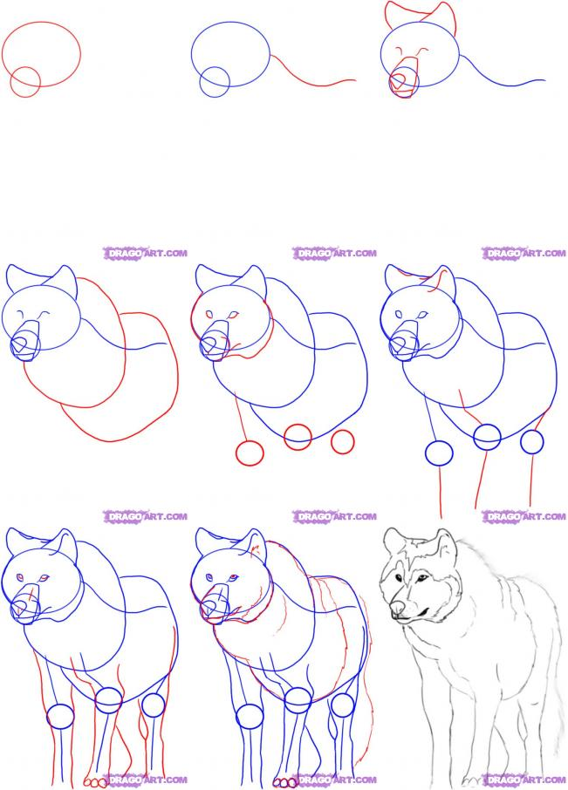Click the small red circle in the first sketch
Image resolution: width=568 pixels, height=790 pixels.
point(25,83)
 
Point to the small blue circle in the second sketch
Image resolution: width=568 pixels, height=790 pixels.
point(215,83)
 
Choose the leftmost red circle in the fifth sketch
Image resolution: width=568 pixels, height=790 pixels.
point(250,453)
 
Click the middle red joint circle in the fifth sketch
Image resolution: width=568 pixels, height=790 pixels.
point(298,437)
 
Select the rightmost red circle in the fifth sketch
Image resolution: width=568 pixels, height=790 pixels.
point(342,442)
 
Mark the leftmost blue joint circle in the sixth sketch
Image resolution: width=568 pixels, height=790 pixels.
point(439,453)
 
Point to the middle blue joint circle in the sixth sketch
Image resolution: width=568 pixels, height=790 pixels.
point(487,437)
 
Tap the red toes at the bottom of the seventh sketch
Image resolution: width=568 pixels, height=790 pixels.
point(95,782)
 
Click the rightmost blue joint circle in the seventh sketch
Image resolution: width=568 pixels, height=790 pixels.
point(154,705)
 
